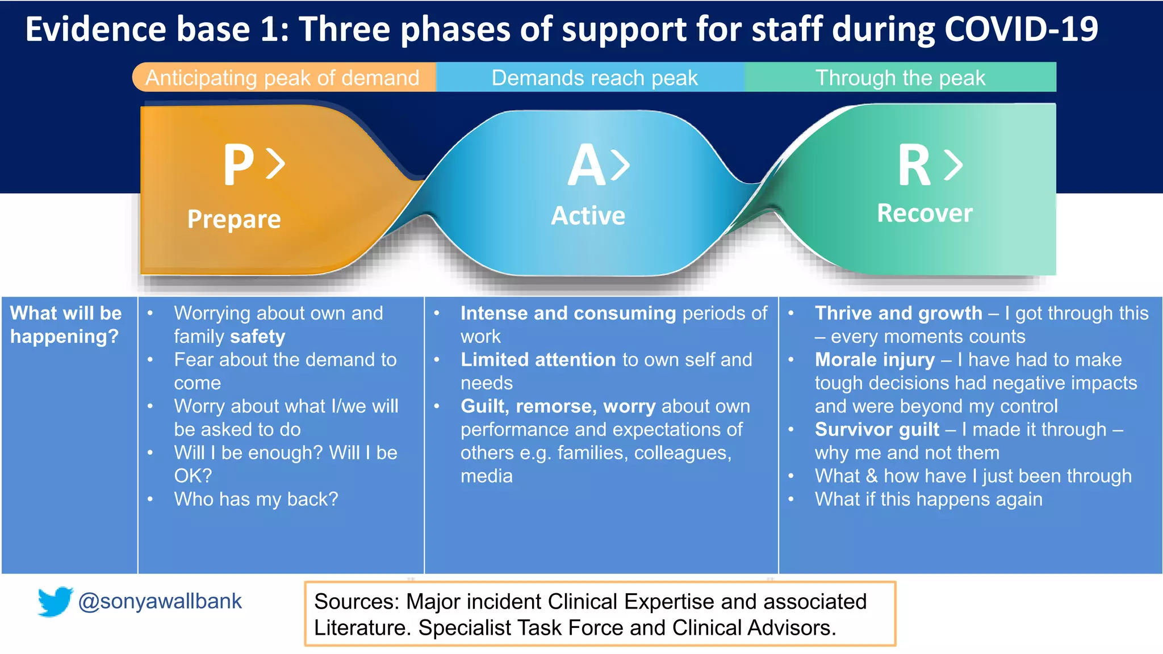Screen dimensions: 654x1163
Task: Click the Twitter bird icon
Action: (55, 601)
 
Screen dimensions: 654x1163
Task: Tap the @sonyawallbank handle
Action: (160, 601)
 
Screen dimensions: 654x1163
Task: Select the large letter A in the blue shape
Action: (587, 165)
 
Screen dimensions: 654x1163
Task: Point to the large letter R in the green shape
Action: (914, 165)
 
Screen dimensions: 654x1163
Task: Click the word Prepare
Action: (234, 219)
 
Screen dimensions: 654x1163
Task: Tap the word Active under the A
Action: (588, 216)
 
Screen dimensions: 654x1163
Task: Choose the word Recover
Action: (924, 213)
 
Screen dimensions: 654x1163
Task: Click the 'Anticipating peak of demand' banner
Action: (282, 78)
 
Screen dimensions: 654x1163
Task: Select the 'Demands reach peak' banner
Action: (594, 78)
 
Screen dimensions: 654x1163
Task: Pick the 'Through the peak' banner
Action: (900, 78)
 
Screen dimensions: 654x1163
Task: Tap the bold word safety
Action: (257, 337)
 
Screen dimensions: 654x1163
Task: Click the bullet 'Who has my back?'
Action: (256, 499)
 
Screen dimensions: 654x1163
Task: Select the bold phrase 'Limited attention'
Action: (538, 360)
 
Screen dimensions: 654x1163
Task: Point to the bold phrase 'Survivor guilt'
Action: (877, 430)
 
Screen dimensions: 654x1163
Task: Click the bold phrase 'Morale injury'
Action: (875, 360)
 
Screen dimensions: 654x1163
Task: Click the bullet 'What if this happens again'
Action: (928, 500)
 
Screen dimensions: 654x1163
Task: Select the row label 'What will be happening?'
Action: (66, 325)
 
